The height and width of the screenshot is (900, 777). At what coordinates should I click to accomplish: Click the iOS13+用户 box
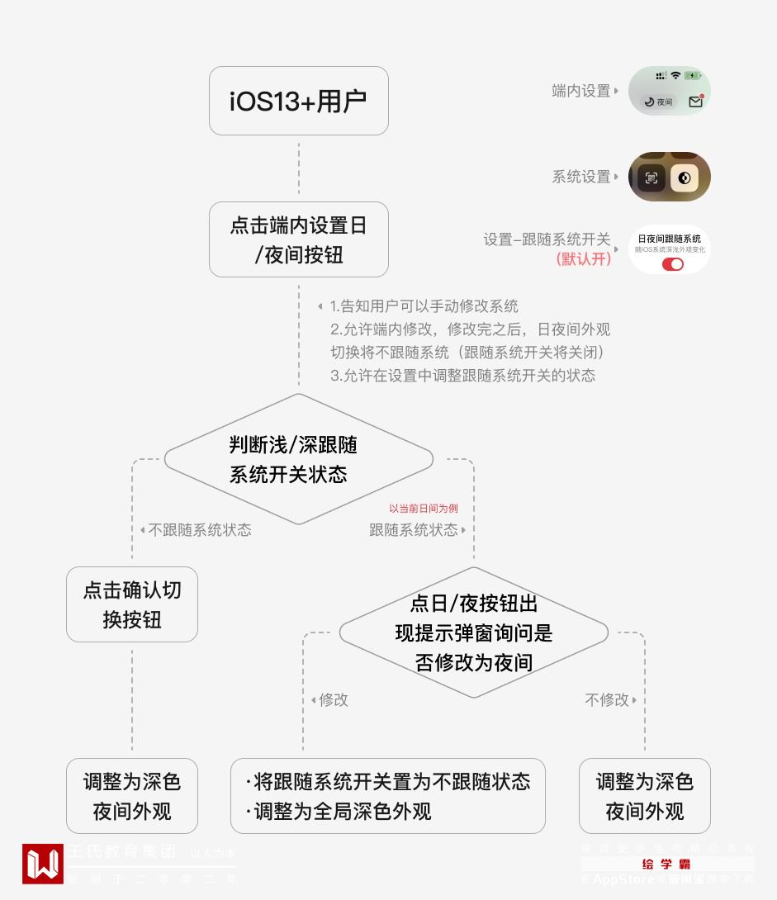(298, 101)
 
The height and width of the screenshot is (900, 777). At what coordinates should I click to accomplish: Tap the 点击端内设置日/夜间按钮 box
(298, 239)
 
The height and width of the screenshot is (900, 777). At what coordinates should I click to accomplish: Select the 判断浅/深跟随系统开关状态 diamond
(298, 459)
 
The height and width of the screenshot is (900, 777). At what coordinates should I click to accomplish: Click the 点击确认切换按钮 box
(132, 604)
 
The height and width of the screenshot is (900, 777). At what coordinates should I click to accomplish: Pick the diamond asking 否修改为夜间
(473, 632)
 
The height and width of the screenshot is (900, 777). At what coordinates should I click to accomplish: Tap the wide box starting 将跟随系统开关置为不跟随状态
(388, 796)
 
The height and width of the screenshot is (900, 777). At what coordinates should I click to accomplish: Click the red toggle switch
(673, 264)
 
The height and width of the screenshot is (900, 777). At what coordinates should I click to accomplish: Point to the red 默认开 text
(585, 258)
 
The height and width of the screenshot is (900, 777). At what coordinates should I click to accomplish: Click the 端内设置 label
(581, 91)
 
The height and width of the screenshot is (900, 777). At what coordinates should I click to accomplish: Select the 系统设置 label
(581, 177)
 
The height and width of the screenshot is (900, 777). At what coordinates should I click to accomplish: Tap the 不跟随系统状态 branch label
(199, 530)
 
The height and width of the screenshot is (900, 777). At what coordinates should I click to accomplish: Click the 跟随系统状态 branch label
(414, 530)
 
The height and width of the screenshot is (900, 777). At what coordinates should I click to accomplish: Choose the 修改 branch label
(334, 700)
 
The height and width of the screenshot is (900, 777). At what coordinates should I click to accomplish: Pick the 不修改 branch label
(607, 700)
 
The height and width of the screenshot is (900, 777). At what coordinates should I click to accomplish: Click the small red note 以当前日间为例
(424, 509)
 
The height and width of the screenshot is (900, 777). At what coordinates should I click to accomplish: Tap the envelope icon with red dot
(695, 102)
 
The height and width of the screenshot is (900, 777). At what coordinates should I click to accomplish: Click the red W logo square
(43, 864)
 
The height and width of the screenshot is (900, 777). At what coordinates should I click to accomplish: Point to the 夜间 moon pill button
(659, 102)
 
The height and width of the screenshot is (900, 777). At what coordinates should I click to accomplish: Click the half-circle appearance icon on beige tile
(685, 178)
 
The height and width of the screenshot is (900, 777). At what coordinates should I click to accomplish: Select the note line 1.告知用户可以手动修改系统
(424, 306)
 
